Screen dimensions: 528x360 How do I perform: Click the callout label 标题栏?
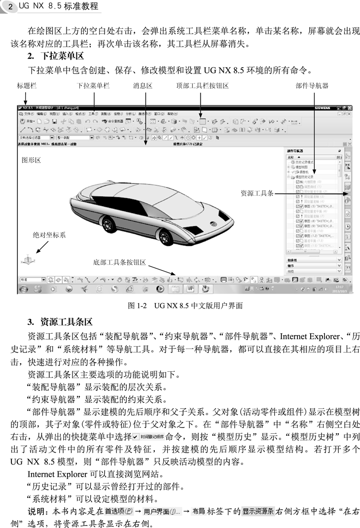[x=27, y=86]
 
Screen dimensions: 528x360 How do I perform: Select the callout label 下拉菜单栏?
[x=93, y=86]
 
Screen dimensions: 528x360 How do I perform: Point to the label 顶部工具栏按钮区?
[x=202, y=86]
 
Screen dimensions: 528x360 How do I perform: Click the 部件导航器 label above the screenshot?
[x=312, y=86]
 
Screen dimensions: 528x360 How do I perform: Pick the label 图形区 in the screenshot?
[x=31, y=160]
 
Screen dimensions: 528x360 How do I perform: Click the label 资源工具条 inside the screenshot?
[x=257, y=193]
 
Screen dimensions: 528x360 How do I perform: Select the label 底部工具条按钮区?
[x=120, y=262]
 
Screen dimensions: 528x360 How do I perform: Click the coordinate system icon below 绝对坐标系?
[x=28, y=258]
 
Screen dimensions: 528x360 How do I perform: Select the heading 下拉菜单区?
[x=62, y=56]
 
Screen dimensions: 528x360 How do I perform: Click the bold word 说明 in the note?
[x=36, y=511]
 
